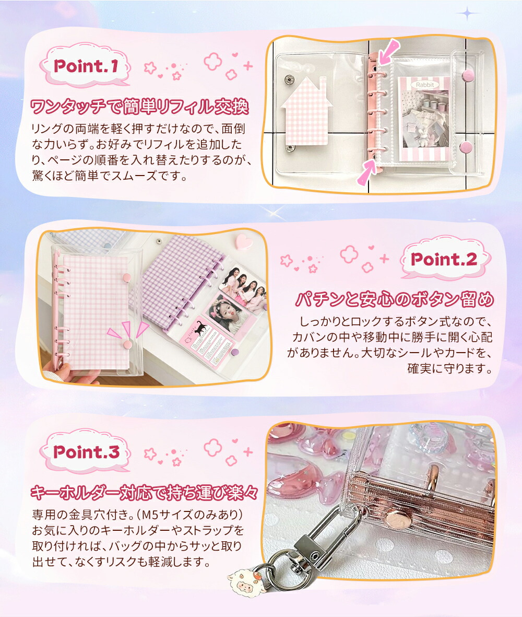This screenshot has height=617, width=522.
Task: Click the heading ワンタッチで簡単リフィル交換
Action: (x=139, y=106)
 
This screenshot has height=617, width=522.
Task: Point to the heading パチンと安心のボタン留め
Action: (x=395, y=299)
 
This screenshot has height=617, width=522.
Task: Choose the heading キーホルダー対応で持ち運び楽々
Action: (x=144, y=492)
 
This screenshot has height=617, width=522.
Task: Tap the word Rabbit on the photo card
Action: (x=425, y=85)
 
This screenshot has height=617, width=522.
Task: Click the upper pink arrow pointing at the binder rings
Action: (x=387, y=52)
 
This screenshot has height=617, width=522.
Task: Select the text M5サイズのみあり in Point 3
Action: (x=192, y=514)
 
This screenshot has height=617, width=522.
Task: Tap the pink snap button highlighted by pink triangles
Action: (x=127, y=345)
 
